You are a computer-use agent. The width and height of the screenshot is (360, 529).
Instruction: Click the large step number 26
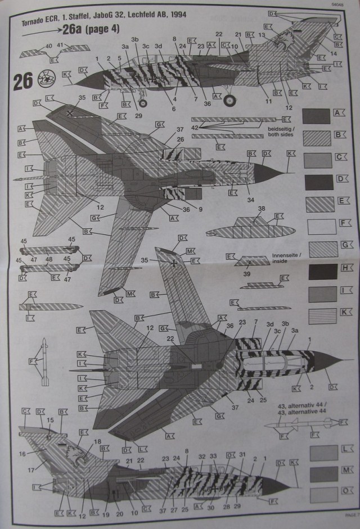click(x=22, y=82)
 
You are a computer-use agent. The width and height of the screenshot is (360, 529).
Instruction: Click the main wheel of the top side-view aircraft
click(x=229, y=101)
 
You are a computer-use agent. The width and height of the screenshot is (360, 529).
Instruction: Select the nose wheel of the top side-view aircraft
click(x=143, y=102)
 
